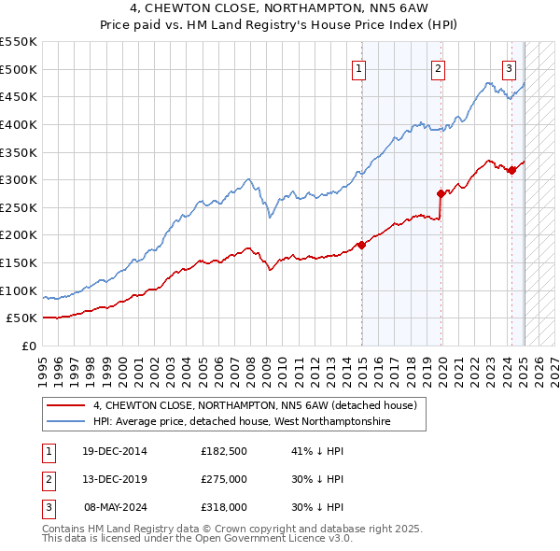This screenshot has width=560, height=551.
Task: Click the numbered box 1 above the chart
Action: (359, 67)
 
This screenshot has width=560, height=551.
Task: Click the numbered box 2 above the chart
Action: (438, 67)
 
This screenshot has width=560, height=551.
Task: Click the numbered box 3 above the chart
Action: (510, 67)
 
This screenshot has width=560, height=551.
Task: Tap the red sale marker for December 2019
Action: (441, 193)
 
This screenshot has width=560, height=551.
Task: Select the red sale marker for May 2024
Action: (511, 170)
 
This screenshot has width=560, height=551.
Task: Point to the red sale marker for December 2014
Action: (361, 245)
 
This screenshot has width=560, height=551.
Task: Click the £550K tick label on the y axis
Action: (19, 42)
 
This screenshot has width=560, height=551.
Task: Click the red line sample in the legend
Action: (65, 405)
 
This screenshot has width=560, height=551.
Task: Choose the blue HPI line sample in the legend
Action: (65, 422)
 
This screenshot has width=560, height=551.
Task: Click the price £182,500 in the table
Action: (223, 451)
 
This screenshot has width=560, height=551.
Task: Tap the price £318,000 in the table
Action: (223, 507)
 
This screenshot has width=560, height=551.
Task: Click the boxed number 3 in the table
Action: (46, 507)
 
